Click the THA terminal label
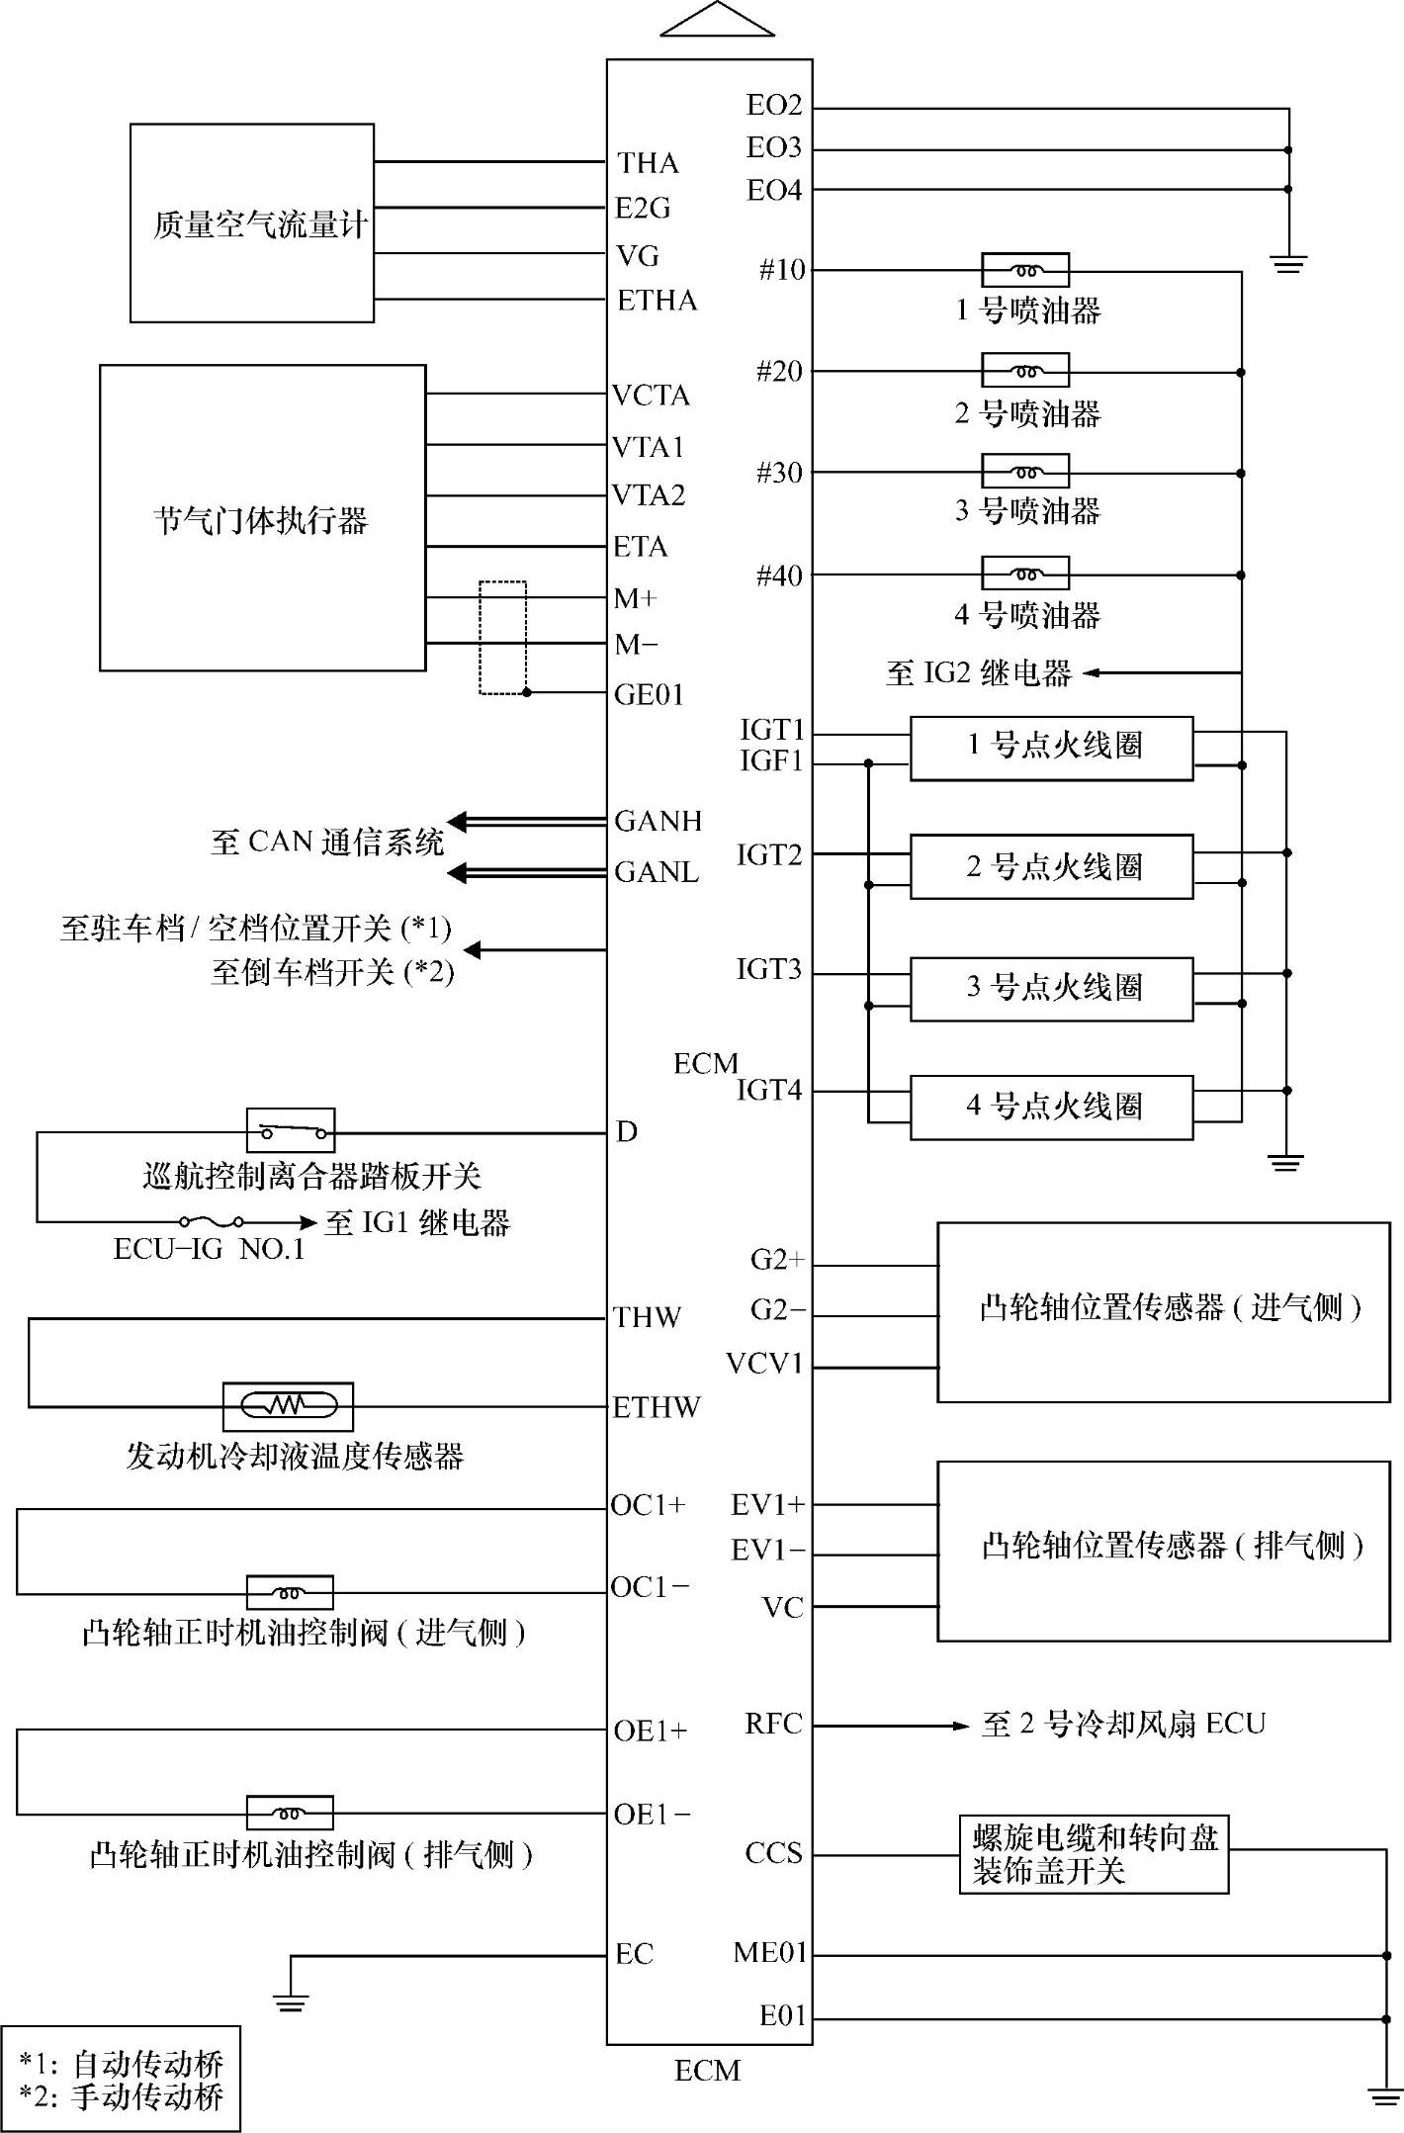648,162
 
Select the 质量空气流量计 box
252,223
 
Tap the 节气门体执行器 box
262,518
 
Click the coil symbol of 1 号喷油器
1025,270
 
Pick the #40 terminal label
779,576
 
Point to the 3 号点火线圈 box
1051,988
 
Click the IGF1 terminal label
771,762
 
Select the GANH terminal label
658,821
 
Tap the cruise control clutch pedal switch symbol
291,1131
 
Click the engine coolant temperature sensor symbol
289,1405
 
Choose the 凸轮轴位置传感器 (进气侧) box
1164,1311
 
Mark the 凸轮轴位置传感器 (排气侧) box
1164,1551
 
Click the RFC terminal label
773,1725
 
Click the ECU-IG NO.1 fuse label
209,1250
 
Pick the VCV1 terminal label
764,1365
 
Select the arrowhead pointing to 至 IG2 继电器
1091,673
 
